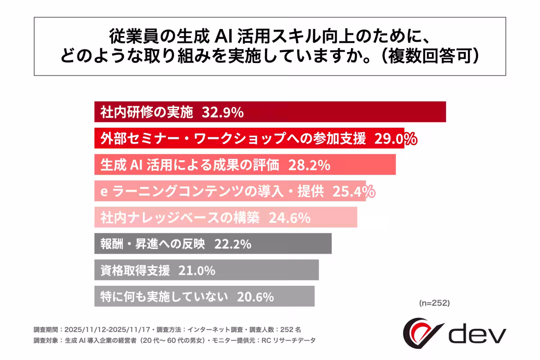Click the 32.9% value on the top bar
(x=223, y=112)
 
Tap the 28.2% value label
(x=310, y=165)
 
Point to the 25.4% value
(x=354, y=192)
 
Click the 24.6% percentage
(x=289, y=218)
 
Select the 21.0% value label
(x=197, y=271)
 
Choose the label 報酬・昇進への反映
(x=153, y=244)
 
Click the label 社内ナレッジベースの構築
(x=180, y=218)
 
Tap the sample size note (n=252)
(x=434, y=303)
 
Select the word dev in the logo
(x=477, y=334)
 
